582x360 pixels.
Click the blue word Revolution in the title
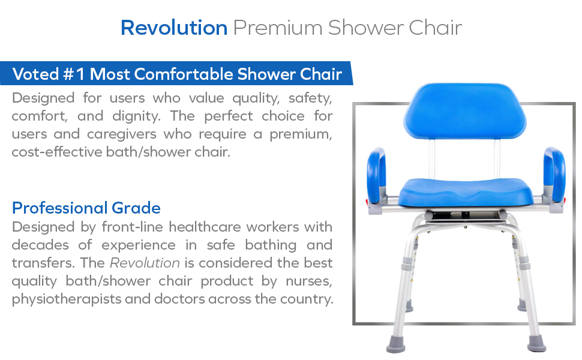(174, 28)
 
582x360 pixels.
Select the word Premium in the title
(278, 28)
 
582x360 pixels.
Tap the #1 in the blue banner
(74, 74)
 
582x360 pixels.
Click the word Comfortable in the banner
(184, 74)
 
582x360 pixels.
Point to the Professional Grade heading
(86, 208)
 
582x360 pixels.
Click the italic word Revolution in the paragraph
(145, 263)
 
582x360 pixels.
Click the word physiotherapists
(67, 299)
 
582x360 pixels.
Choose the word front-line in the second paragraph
(133, 227)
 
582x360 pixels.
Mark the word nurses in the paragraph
(308, 281)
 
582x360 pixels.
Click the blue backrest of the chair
(465, 110)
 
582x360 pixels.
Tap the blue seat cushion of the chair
(466, 192)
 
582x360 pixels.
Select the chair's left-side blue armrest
(376, 175)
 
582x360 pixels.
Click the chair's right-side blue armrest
(554, 175)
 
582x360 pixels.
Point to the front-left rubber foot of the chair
(395, 344)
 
